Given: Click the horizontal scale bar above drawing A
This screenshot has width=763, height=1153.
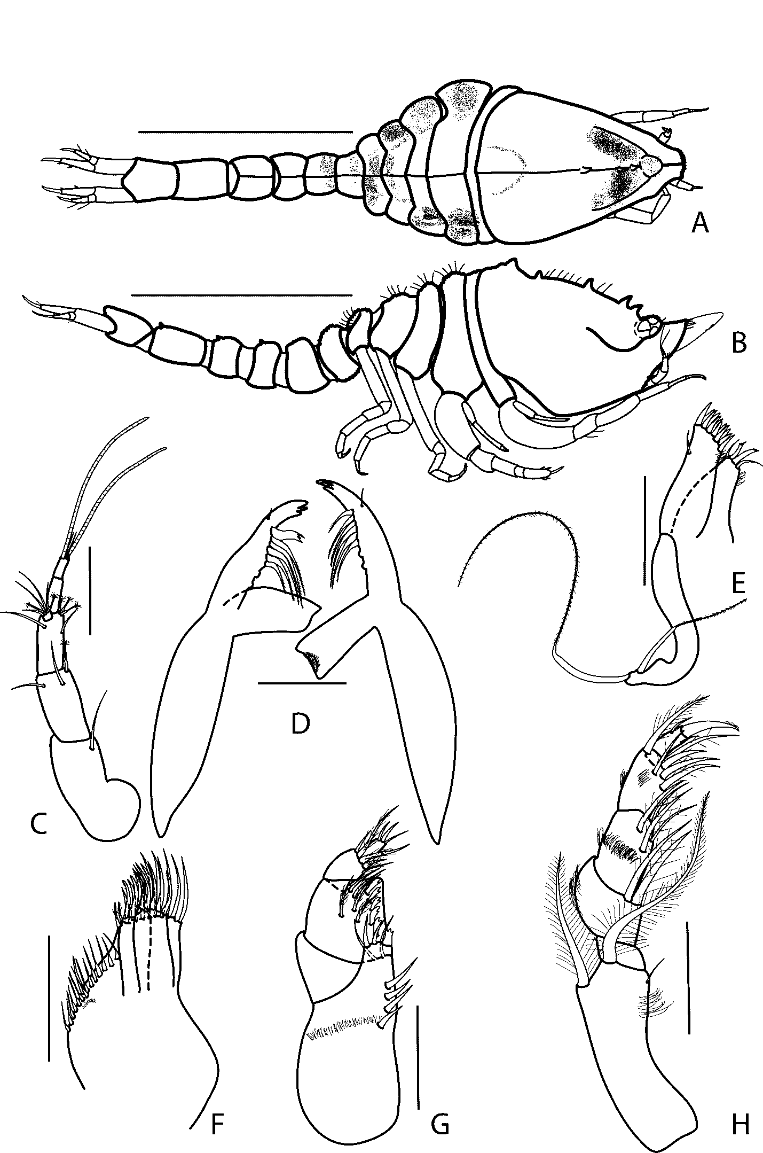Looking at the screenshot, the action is pos(245,131).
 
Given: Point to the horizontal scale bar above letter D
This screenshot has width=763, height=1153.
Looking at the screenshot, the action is pos(302,683).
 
